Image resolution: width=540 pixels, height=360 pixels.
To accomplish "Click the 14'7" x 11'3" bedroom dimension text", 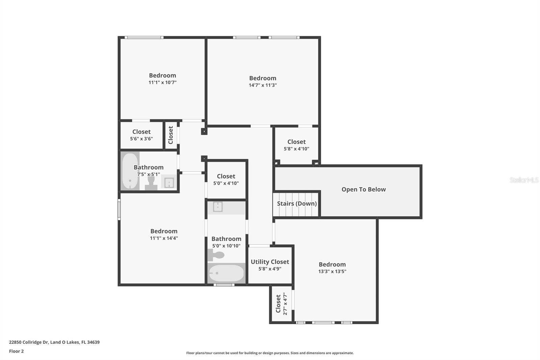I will click(263, 85).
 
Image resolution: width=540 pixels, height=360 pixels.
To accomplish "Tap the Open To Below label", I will click(363, 189).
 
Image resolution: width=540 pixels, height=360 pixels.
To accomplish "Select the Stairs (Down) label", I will click(297, 203).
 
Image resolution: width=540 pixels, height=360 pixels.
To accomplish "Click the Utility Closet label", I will click(270, 262).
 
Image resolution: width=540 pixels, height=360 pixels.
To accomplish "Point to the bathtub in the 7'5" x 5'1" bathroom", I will click(130, 171).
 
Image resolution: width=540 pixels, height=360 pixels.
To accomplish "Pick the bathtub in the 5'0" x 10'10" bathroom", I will click(226, 273).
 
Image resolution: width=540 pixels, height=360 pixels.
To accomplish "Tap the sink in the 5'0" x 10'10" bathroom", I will click(218, 207).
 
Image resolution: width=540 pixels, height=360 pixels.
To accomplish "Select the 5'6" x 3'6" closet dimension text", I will click(141, 139).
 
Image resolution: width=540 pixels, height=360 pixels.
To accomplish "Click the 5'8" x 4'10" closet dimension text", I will click(296, 149).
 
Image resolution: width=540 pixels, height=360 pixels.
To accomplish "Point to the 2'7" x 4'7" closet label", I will click(278, 304).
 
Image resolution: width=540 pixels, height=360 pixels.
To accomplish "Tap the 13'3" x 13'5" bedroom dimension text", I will click(332, 271).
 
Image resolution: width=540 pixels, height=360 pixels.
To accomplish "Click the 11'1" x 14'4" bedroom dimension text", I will click(164, 238).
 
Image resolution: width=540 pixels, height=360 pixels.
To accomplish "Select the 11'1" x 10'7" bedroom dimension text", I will click(162, 82).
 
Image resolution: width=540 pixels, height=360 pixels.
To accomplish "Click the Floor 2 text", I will click(16, 351).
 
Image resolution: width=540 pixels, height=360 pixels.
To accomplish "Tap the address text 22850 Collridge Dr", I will click(29, 342).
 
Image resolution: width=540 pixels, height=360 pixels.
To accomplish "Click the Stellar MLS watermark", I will click(524, 180).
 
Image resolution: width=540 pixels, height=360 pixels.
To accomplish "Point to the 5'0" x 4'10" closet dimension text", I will click(226, 183).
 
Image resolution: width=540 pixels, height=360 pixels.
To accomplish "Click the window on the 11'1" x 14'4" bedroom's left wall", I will click(119, 210).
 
